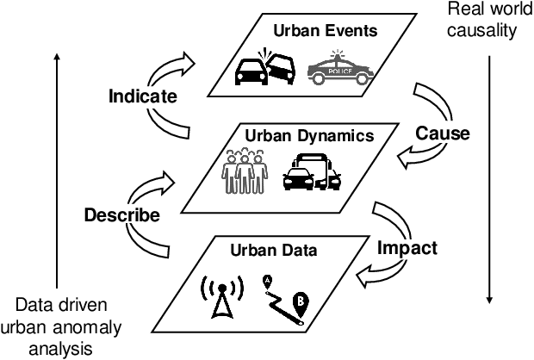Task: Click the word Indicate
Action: pos(144,96)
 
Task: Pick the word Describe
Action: pos(121,215)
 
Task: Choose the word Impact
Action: pos(407,248)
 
